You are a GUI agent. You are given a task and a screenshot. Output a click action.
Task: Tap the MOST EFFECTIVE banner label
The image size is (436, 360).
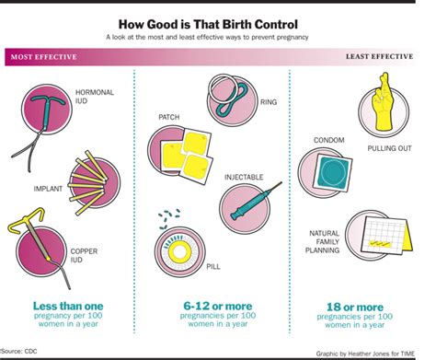pos(43,57)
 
